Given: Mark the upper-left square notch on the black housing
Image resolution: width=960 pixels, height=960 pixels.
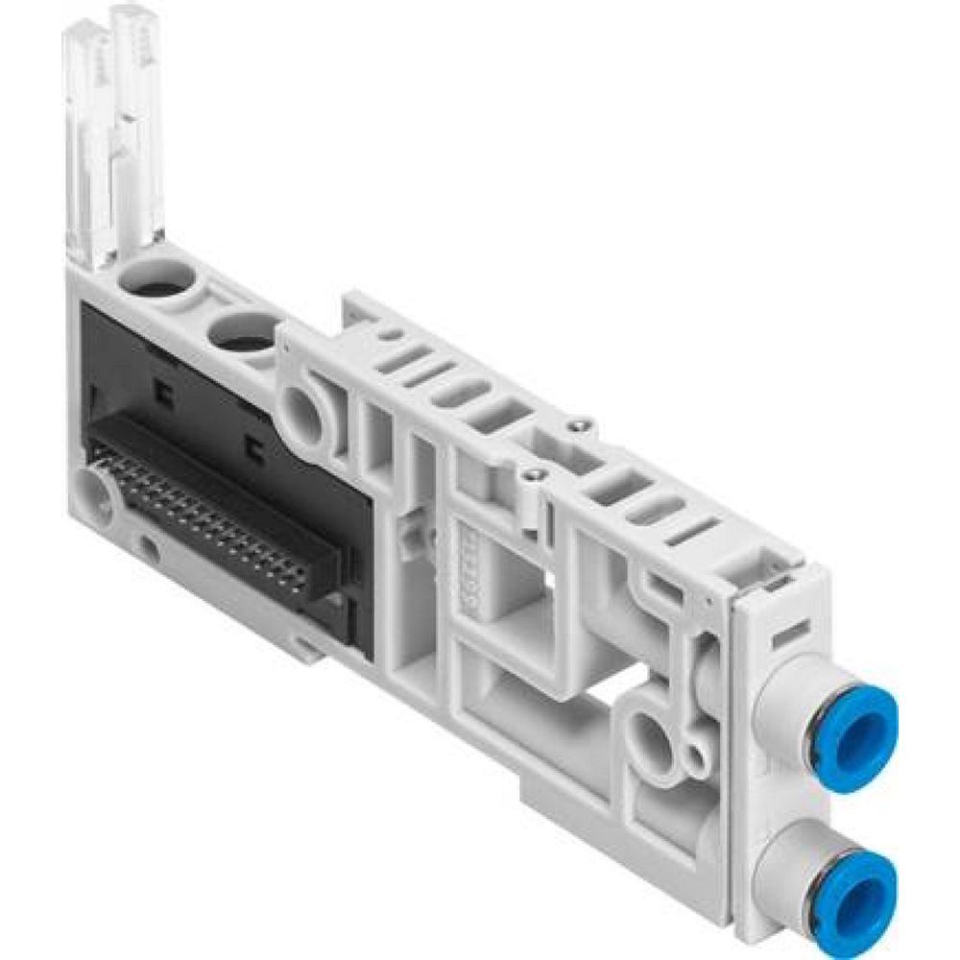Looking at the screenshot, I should point(162,391).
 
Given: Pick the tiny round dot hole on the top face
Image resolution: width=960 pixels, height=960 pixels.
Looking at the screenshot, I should point(393,335).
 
